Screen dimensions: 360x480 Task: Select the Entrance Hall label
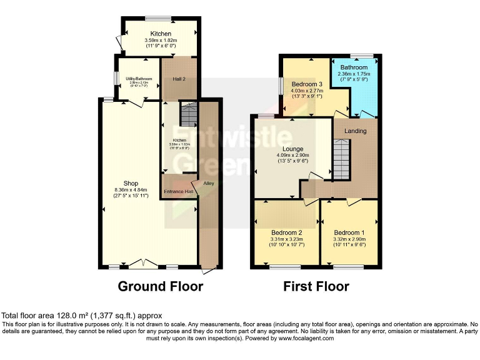[x=179, y=191]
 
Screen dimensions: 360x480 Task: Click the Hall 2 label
[x=179, y=79]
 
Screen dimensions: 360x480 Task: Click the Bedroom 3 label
[x=306, y=84]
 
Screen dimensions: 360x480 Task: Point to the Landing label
[x=354, y=131]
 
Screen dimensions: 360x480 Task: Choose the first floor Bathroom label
[x=354, y=67]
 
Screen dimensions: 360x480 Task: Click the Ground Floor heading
[x=161, y=287]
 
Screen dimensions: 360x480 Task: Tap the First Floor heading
[x=316, y=287]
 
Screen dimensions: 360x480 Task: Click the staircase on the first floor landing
[x=341, y=160]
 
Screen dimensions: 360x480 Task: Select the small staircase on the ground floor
[x=188, y=114]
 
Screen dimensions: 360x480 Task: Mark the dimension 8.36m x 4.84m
[x=130, y=190]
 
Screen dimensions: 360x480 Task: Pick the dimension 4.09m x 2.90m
[x=291, y=156]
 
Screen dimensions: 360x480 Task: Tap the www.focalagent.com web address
[x=299, y=338]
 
